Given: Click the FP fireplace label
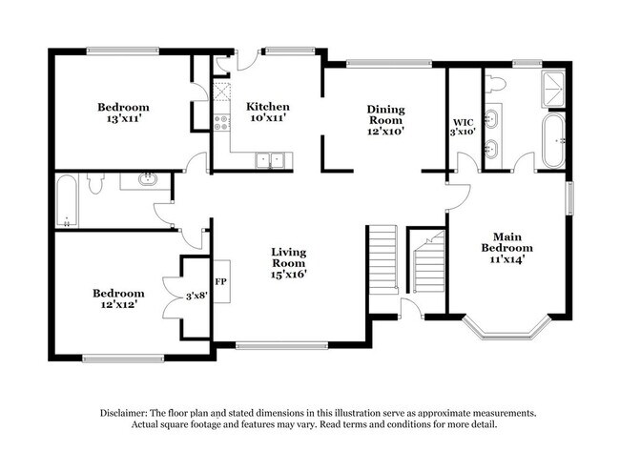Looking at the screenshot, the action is tap(220, 281).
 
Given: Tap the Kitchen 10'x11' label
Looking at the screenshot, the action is tap(268, 112).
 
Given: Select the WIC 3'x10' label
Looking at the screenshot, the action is tap(463, 127).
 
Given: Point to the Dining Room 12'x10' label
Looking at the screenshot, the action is tap(385, 120).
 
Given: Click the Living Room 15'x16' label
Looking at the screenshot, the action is tap(289, 263).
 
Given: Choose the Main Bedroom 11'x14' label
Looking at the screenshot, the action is tap(506, 248).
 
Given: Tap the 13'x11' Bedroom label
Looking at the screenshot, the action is tap(123, 113).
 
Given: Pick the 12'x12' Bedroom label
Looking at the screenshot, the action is tap(118, 298).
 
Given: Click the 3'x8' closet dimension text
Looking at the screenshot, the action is tap(196, 296).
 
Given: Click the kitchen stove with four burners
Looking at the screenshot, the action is tap(221, 123).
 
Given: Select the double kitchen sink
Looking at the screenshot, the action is tap(270, 160).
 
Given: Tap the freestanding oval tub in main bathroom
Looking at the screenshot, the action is tap(553, 141).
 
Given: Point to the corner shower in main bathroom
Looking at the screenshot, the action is tap(553, 89).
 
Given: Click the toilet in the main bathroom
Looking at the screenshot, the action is tap(495, 84).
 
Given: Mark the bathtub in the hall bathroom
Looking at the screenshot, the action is tap(66, 201).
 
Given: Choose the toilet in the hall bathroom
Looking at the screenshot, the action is tap(95, 183).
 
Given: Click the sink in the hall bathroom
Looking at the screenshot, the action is tap(148, 179).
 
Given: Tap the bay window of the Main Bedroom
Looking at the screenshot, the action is tap(506, 328).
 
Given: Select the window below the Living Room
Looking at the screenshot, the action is tap(281, 345).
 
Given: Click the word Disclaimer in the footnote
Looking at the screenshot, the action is tap(123, 413).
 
